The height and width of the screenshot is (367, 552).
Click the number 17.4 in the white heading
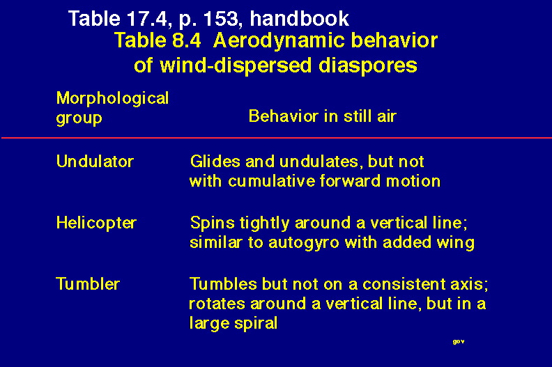tap(146, 18)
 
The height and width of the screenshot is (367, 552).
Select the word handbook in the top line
tap(299, 18)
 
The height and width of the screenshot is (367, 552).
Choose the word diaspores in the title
tap(367, 66)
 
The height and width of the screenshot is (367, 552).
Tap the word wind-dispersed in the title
tap(236, 66)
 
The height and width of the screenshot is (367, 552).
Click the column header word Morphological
tap(112, 98)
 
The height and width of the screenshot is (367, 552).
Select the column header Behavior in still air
tap(323, 116)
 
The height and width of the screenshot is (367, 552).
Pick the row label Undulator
tap(95, 162)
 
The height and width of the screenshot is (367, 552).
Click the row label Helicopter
tap(96, 224)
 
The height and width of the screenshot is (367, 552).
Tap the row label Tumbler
tap(88, 284)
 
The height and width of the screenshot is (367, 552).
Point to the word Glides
tap(215, 162)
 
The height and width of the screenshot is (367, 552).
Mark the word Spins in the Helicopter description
tap(213, 224)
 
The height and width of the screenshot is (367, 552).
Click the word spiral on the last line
tap(256, 324)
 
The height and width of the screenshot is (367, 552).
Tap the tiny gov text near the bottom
tap(459, 342)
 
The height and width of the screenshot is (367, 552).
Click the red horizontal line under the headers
tap(277, 138)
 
